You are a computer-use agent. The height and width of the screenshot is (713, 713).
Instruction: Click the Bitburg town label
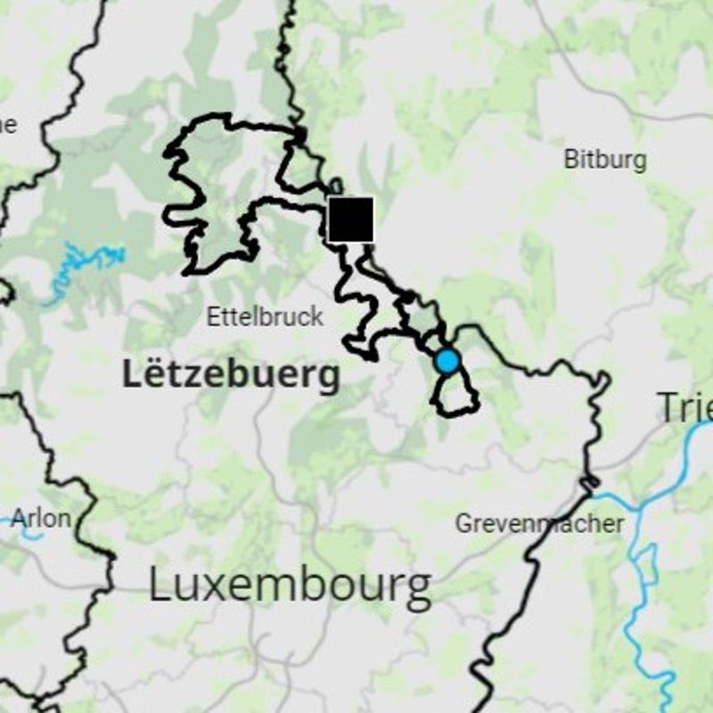[x=605, y=160]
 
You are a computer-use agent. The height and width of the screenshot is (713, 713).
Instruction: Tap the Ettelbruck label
[x=265, y=316]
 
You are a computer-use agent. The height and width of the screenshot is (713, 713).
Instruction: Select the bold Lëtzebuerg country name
[x=231, y=375]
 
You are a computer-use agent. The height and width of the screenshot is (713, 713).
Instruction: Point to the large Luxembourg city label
[x=290, y=586]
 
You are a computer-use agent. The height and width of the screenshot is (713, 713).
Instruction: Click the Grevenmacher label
[x=540, y=523]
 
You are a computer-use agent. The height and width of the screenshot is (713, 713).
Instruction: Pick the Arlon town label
[x=41, y=518]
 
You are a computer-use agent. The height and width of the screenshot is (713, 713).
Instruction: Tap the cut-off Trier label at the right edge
[x=684, y=407]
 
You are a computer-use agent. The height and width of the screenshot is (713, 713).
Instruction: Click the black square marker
[x=350, y=219]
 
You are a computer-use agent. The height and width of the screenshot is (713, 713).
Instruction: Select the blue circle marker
[x=447, y=361]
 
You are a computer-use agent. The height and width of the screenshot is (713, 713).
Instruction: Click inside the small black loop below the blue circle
[x=455, y=392]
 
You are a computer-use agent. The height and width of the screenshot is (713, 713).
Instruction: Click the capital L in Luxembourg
[x=159, y=586]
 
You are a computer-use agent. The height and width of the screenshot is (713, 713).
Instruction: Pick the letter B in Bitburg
[x=570, y=160]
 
